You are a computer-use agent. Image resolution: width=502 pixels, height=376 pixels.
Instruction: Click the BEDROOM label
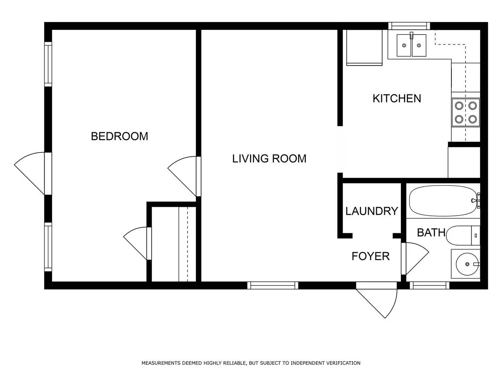tap(119, 136)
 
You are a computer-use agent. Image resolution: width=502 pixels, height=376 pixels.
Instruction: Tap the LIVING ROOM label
tap(269, 159)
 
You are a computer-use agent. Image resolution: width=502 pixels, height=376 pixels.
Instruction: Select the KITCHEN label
tap(397, 99)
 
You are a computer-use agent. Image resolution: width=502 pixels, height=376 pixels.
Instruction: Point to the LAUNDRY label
tap(372, 211)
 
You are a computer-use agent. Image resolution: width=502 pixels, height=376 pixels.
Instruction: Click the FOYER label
tap(370, 256)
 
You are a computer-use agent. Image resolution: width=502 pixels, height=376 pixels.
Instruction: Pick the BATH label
tap(431, 233)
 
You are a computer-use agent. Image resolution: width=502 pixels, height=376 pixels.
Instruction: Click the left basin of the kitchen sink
tap(404, 45)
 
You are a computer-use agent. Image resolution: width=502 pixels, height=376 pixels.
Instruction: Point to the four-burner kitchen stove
tap(466, 112)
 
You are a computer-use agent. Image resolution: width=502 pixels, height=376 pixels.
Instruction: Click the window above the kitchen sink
tap(409, 26)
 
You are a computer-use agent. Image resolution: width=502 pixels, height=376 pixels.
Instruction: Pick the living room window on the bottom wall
tap(273, 285)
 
